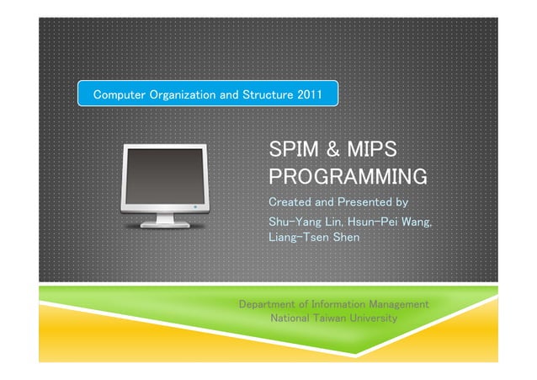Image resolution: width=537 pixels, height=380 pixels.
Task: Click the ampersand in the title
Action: (x=331, y=151)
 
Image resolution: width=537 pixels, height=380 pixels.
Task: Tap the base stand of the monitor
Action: (x=165, y=224)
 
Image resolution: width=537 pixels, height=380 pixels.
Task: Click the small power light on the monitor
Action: (x=196, y=206)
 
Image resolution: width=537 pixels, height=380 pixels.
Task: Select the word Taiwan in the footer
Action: (x=333, y=319)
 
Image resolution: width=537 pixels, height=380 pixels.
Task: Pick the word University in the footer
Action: (x=375, y=319)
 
